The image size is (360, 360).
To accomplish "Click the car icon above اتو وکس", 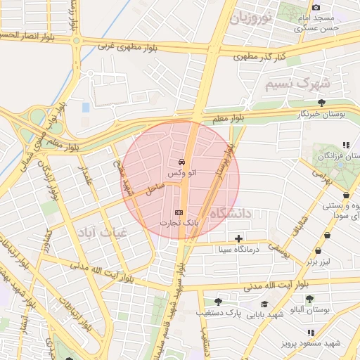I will tap(183, 162).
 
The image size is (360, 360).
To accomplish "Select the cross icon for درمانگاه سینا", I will tap(240, 238).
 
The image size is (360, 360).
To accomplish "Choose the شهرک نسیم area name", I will tap(297, 84).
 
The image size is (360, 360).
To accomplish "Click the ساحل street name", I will tap(155, 188).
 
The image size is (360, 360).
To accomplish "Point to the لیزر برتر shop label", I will tap(317, 262).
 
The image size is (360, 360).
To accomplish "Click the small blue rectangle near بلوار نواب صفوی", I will tap(86, 108).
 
